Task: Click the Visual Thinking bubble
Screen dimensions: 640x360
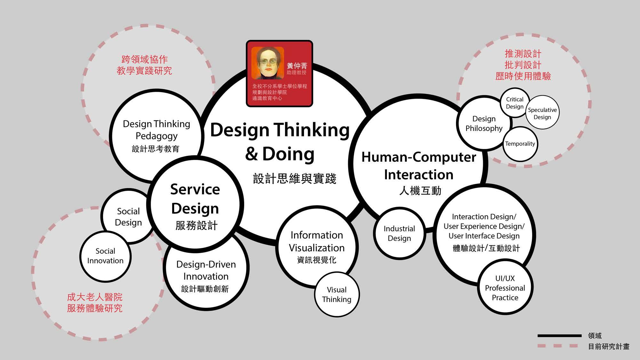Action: pyautogui.click(x=337, y=294)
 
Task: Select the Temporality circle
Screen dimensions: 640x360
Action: pyautogui.click(x=520, y=144)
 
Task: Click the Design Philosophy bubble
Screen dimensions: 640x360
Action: pyautogui.click(x=484, y=124)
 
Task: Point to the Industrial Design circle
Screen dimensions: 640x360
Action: pyautogui.click(x=399, y=233)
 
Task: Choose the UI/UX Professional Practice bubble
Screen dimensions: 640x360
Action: pyautogui.click(x=505, y=288)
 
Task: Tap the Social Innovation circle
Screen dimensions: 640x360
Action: pyautogui.click(x=105, y=256)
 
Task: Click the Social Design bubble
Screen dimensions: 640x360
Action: pyautogui.click(x=128, y=217)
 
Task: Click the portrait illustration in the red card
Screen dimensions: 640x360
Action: pyautogui.click(x=268, y=63)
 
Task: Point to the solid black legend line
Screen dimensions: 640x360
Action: pyautogui.click(x=559, y=336)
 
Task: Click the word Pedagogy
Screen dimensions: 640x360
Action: pyautogui.click(x=156, y=136)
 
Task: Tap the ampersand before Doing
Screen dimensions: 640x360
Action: pyautogui.click(x=252, y=154)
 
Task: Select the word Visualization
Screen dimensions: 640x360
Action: pyautogui.click(x=317, y=248)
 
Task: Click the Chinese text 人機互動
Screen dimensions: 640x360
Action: pyautogui.click(x=420, y=191)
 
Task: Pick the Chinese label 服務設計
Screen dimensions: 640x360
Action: pyautogui.click(x=196, y=225)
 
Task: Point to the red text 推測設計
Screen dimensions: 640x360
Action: pyautogui.click(x=523, y=54)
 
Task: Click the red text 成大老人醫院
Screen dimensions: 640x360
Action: pyautogui.click(x=95, y=297)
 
